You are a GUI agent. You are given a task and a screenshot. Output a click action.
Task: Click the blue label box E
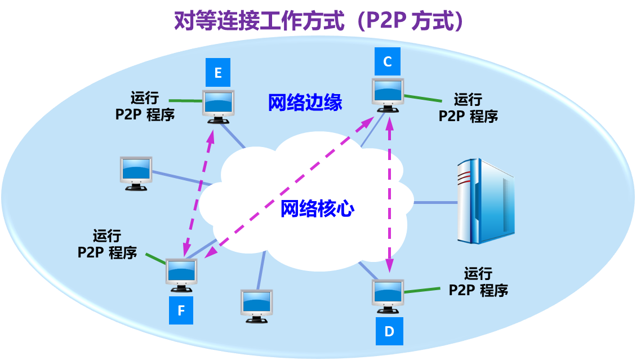pyautogui.click(x=218, y=72)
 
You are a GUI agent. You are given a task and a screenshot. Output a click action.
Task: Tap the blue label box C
pyautogui.click(x=388, y=62)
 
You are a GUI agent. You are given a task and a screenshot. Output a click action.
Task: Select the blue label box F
pyautogui.click(x=181, y=310)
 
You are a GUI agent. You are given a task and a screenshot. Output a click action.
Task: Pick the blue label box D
pyautogui.click(x=389, y=331)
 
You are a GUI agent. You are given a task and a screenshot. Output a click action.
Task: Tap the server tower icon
pyautogui.click(x=486, y=201)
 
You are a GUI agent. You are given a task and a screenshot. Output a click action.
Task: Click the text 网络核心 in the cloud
pyautogui.click(x=318, y=208)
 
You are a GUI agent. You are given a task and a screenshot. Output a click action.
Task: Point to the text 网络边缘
pyautogui.click(x=305, y=103)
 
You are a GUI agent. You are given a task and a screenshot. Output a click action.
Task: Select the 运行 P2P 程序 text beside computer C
pyautogui.click(x=468, y=108)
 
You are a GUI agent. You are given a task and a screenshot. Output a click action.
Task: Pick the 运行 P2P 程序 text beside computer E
pyautogui.click(x=145, y=106)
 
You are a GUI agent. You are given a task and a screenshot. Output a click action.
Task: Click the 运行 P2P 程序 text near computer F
pyautogui.click(x=107, y=244)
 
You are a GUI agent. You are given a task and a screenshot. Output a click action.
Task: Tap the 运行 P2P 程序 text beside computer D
pyautogui.click(x=478, y=282)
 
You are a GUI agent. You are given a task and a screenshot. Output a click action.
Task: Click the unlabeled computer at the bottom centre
pyautogui.click(x=256, y=305)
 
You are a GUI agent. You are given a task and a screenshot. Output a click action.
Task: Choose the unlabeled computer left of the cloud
pyautogui.click(x=136, y=172)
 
